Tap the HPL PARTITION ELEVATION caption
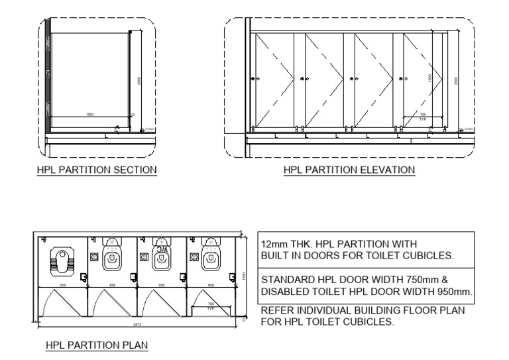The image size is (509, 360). [x=349, y=170]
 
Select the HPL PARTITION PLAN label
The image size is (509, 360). [x=96, y=345]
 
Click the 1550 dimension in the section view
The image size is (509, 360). [x=90, y=115]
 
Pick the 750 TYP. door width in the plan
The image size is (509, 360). [x=211, y=306]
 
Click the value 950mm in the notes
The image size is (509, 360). [x=453, y=290]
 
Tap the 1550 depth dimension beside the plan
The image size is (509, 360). [x=244, y=278]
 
